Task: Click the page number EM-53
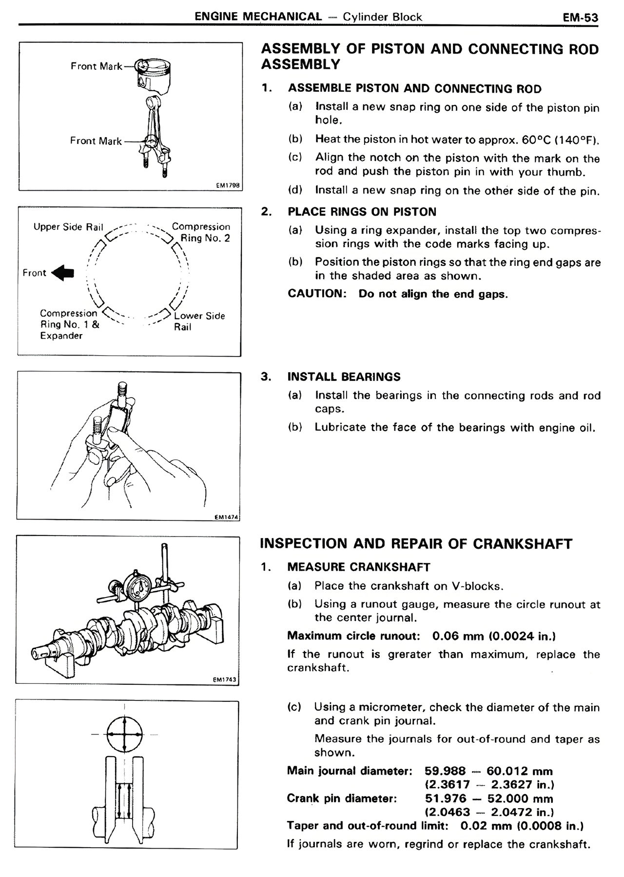[x=580, y=18]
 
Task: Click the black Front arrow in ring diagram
[x=63, y=273]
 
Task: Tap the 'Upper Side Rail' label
[x=68, y=227]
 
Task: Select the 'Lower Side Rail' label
[x=199, y=321]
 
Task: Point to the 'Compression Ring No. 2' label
[x=201, y=232]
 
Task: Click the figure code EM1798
[x=228, y=185]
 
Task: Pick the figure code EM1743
[x=226, y=679]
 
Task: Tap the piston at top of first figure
[x=154, y=77]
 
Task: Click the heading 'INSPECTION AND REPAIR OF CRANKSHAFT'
[x=416, y=544]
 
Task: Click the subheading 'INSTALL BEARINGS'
[x=344, y=377]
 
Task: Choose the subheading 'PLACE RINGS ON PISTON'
[x=362, y=212]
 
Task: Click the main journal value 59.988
[x=445, y=771]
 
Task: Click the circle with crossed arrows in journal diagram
[x=124, y=735]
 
